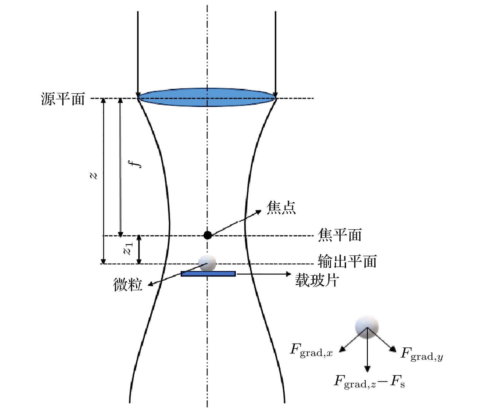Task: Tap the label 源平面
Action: (x=63, y=99)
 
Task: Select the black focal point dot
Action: (x=207, y=235)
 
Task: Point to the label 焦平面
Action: (x=340, y=235)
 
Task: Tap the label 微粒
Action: (x=128, y=285)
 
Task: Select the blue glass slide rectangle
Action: (x=208, y=274)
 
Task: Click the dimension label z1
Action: (x=128, y=249)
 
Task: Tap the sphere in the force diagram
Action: (x=367, y=326)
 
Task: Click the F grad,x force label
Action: (x=311, y=350)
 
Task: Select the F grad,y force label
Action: (x=421, y=354)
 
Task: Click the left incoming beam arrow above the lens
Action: (x=138, y=52)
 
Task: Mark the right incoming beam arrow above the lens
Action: (x=275, y=52)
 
